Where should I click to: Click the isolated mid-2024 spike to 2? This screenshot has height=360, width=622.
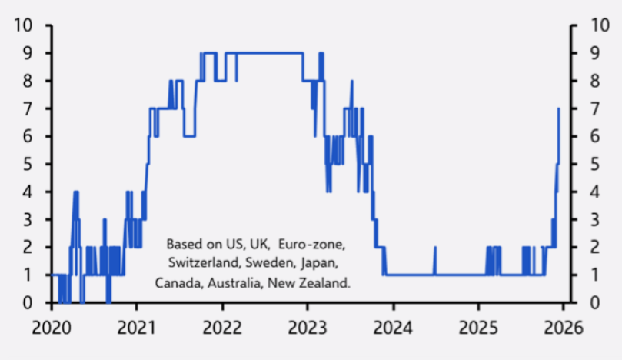[435, 248]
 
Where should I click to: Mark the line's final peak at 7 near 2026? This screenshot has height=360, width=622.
[558, 109]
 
